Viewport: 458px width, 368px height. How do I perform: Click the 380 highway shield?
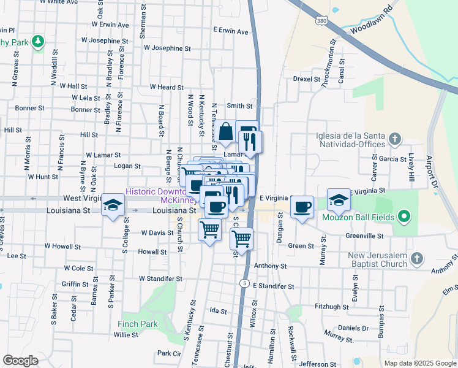[320, 21]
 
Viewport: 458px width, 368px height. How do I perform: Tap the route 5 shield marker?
[244, 283]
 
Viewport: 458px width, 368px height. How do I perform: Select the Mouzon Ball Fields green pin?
[404, 217]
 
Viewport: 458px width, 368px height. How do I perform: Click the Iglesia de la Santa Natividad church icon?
[396, 139]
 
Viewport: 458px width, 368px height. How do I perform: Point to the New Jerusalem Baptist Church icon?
[417, 259]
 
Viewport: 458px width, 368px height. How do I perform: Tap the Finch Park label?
[138, 324]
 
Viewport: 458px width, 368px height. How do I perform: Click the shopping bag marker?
[226, 131]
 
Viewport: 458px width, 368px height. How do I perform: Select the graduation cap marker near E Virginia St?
[338, 199]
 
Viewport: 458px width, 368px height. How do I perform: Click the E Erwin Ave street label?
[230, 31]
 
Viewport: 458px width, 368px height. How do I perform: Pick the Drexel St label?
[307, 79]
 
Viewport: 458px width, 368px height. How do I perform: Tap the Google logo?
[20, 361]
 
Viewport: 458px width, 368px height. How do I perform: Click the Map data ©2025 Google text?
[419, 363]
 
